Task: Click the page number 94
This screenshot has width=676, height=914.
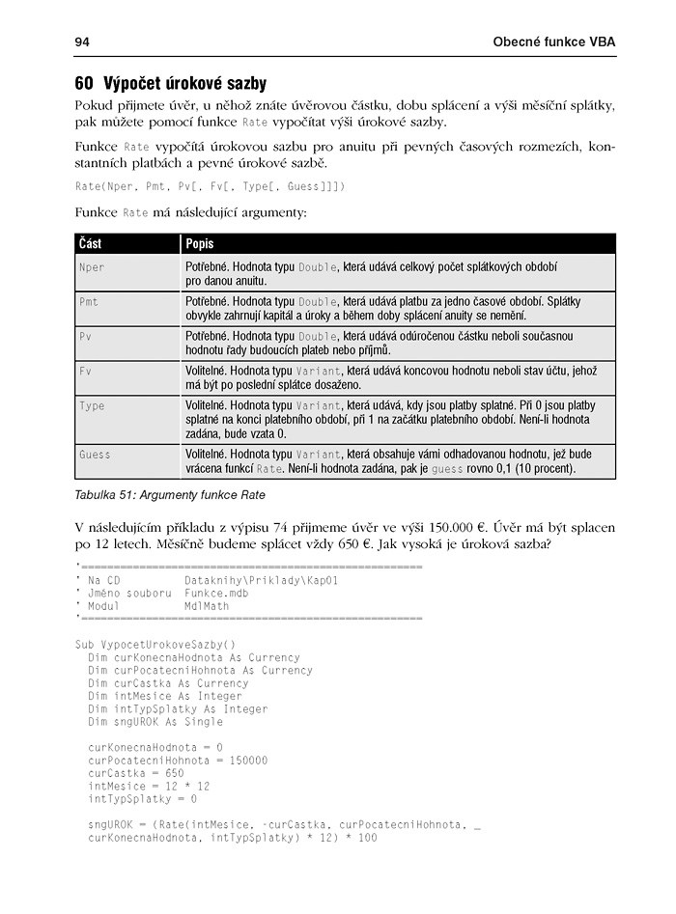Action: [82, 42]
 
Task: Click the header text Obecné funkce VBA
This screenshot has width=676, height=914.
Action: [553, 42]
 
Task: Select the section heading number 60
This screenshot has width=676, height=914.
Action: [84, 84]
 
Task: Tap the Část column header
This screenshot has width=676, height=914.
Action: [91, 244]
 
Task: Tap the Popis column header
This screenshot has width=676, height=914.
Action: [200, 244]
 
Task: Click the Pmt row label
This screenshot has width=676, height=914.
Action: [89, 302]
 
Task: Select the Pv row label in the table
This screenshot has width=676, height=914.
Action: [85, 336]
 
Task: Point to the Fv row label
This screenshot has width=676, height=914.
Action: [85, 371]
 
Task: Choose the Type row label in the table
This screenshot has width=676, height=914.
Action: [92, 406]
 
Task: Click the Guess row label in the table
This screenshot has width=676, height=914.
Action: [95, 454]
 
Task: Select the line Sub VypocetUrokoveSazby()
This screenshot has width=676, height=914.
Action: [155, 645]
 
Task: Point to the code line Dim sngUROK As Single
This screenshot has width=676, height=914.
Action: [155, 721]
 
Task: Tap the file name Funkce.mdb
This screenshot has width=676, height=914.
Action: [216, 593]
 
